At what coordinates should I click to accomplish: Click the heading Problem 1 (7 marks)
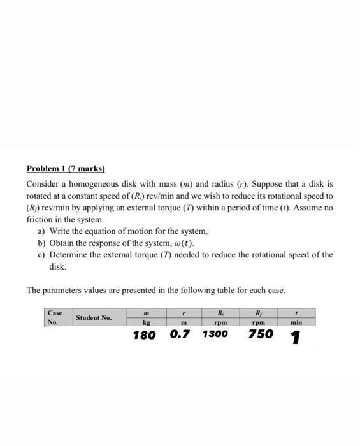coord(66,169)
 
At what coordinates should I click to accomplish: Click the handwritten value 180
coord(144,335)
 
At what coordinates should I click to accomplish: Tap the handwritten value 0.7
coord(180,334)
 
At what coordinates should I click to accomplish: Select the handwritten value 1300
coord(215,334)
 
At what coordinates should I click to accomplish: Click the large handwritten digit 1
coord(295,338)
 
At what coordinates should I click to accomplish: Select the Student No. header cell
coord(94,317)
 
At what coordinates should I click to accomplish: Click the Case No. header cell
coord(54,317)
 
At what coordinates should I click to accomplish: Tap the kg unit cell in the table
coord(146,322)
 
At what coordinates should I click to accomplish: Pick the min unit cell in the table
coord(296,322)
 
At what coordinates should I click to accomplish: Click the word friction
coord(40,219)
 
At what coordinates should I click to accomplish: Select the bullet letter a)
coord(42,231)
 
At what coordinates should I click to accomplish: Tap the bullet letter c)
coord(42,255)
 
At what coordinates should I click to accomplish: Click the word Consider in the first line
coord(42,184)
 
